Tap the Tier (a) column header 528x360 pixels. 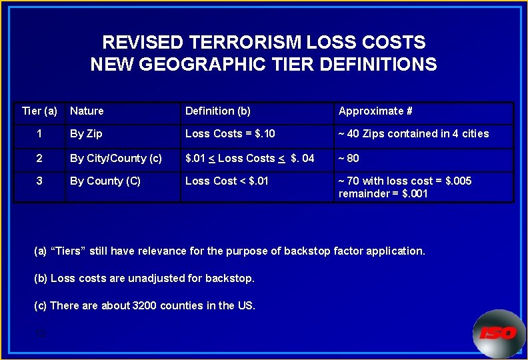39,111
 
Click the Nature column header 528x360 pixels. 87,111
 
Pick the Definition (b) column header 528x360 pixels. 217,111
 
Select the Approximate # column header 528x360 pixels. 375,111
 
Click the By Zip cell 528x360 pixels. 86,134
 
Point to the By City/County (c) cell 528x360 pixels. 116,159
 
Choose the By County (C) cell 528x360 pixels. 105,181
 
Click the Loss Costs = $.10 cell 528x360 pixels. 230,134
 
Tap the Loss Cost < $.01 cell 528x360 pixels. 227,181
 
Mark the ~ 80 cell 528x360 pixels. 349,159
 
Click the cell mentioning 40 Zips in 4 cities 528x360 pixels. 413,134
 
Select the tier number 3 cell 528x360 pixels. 39,181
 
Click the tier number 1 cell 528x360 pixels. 39,134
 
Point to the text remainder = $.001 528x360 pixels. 383,194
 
